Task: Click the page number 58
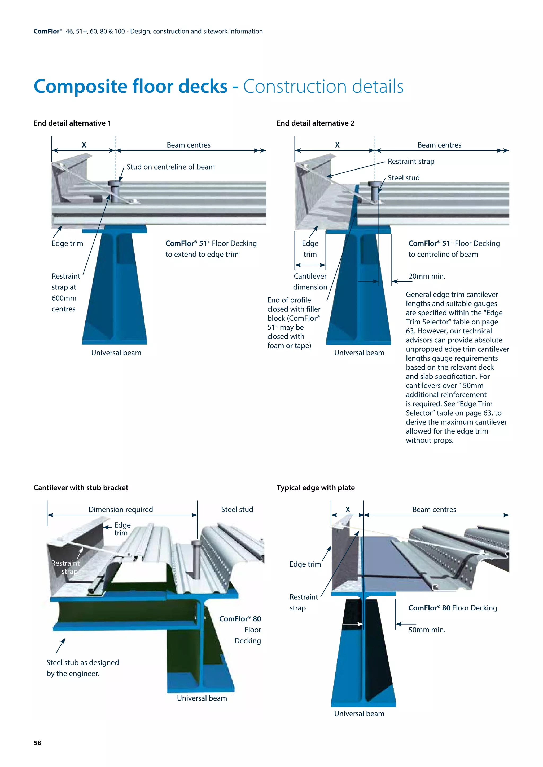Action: pos(37,743)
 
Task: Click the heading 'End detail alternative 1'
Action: pos(72,123)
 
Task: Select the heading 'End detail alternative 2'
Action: pos(315,123)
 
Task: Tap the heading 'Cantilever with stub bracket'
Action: pos(81,488)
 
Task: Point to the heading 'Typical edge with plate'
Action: pos(316,488)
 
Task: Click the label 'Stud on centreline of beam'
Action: pos(170,167)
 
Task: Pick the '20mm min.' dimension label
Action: pos(427,276)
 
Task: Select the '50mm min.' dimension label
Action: pos(427,630)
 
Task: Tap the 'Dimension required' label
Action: pos(121,510)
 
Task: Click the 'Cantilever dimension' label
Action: pos(310,282)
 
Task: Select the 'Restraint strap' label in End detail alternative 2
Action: pos(411,162)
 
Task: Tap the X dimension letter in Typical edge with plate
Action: pos(348,510)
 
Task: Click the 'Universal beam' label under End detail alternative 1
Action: pos(116,353)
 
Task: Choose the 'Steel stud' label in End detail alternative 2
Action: pos(404,178)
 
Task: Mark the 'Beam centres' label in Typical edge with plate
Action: pos(434,510)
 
